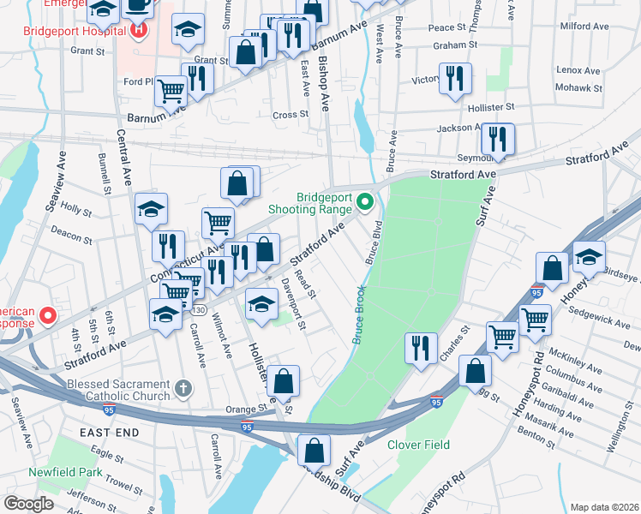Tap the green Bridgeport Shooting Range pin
pos(365,202)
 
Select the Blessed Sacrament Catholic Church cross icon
pos(182,390)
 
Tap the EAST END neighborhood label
pos(109,433)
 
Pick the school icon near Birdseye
pos(589,254)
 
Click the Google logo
pos(29,504)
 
